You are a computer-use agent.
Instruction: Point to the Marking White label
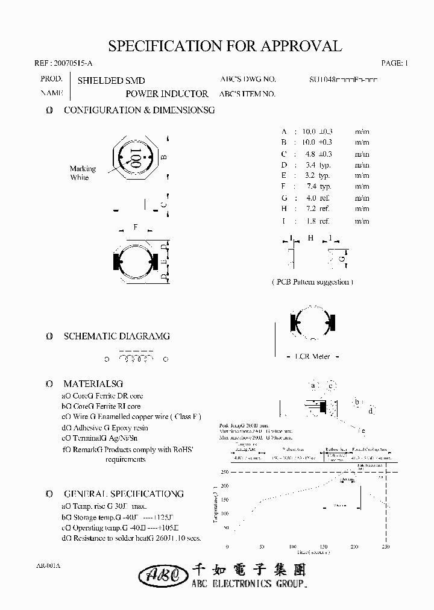coord(83,173)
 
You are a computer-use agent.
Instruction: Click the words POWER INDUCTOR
coord(167,94)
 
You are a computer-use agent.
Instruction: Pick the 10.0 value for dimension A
coord(309,131)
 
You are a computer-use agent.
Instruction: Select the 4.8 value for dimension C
coord(310,154)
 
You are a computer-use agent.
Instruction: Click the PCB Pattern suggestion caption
coord(312,282)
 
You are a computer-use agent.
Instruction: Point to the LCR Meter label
coord(312,357)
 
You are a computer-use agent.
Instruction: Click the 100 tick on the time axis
coord(291,547)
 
